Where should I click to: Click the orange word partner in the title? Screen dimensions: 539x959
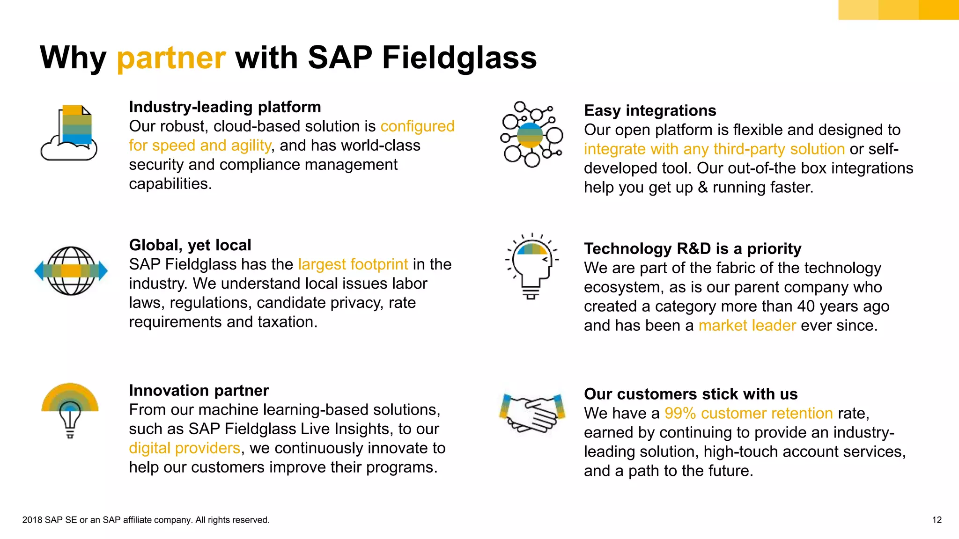click(x=171, y=58)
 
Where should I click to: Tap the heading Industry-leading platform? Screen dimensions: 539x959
click(x=225, y=107)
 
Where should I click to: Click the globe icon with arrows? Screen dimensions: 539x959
click(x=71, y=271)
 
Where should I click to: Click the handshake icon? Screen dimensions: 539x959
click(x=532, y=412)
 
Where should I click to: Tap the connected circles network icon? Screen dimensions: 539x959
click(x=531, y=135)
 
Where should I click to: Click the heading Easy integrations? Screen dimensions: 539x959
click(x=650, y=110)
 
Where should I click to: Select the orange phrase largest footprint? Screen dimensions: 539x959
click(x=353, y=264)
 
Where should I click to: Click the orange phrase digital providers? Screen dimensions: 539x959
click(x=184, y=448)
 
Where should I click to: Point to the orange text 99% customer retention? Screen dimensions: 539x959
click(x=748, y=413)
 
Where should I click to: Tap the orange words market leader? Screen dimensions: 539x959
click(x=747, y=325)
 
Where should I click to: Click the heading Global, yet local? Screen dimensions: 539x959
click(x=190, y=245)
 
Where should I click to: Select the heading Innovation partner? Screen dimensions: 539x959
click(x=199, y=390)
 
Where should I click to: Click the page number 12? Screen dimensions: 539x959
click(x=937, y=520)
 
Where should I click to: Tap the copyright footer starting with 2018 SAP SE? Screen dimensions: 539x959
click(x=146, y=520)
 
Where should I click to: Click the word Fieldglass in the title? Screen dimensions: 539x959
click(x=459, y=58)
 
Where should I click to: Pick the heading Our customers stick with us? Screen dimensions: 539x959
click(x=691, y=394)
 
